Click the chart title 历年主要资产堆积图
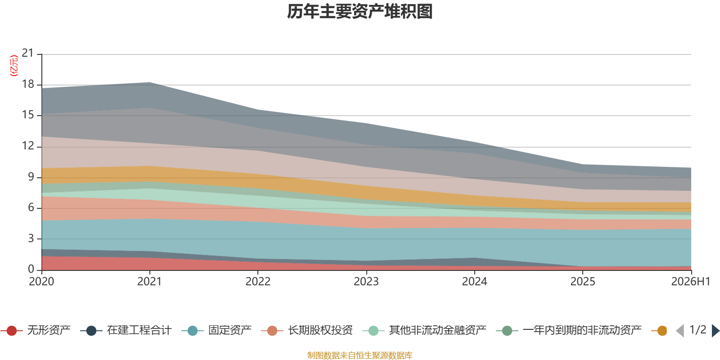tap(360, 12)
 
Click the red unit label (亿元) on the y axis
tap(14, 66)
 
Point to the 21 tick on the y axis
tap(27, 53)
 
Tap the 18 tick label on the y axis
tap(27, 84)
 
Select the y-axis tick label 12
tap(27, 146)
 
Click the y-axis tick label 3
tap(31, 238)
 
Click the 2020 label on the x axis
tap(41, 282)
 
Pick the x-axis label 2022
tap(258, 282)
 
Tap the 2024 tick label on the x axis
tap(474, 282)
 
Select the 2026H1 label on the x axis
tap(690, 282)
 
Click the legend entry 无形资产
tap(36, 330)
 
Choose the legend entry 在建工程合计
tap(126, 330)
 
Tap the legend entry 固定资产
tap(216, 330)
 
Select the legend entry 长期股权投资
tap(307, 330)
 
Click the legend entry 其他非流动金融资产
tap(424, 330)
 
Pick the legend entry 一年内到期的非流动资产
tap(569, 330)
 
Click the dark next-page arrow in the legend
tap(715, 331)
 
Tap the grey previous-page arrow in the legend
tap(680, 331)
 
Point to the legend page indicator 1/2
tap(698, 330)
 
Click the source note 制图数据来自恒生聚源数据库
tap(360, 355)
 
